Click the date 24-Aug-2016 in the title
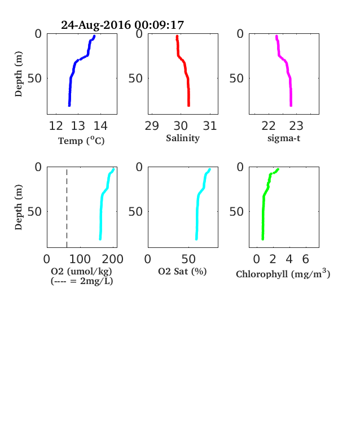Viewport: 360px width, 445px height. pyautogui.click(x=96, y=25)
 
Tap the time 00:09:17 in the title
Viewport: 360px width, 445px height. pyautogui.click(x=159, y=25)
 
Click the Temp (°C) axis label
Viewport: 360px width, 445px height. pyautogui.click(x=81, y=141)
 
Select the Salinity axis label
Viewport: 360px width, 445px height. pyautogui.click(x=183, y=138)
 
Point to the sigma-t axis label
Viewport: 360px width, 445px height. pyautogui.click(x=284, y=138)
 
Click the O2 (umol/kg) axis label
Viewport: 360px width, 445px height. pyautogui.click(x=81, y=271)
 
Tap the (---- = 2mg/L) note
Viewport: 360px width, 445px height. pyautogui.click(x=82, y=281)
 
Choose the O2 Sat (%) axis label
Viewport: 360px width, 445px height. pyautogui.click(x=182, y=271)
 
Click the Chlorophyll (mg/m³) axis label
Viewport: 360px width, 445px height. pyautogui.click(x=283, y=273)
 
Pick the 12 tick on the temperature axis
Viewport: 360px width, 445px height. pyautogui.click(x=56, y=126)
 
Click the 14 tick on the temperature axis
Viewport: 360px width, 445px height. pyautogui.click(x=100, y=126)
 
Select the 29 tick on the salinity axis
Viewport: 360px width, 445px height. pyautogui.click(x=152, y=126)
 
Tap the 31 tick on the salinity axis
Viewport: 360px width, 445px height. pyautogui.click(x=210, y=126)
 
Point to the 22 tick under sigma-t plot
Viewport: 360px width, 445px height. pyautogui.click(x=269, y=126)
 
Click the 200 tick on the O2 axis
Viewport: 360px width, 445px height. pyautogui.click(x=112, y=259)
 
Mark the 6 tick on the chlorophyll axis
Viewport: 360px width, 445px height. pyautogui.click(x=305, y=259)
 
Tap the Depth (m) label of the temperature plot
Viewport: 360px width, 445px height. pyautogui.click(x=19, y=74)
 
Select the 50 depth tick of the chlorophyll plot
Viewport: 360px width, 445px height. pyautogui.click(x=236, y=211)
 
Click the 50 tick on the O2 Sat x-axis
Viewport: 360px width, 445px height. pyautogui.click(x=188, y=259)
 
